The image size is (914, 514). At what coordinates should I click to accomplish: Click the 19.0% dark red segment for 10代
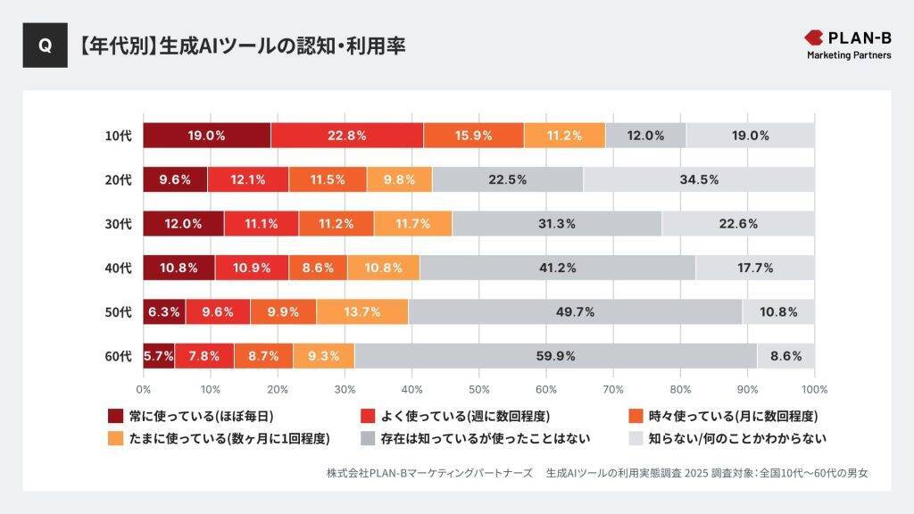[206, 136]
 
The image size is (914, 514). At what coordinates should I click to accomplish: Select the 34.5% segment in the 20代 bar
[699, 179]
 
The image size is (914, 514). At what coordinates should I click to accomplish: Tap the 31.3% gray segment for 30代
[557, 223]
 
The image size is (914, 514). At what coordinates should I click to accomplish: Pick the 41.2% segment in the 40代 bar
[557, 268]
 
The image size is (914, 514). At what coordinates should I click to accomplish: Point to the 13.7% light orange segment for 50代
[362, 311]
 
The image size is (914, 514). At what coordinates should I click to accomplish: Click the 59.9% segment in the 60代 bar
[555, 356]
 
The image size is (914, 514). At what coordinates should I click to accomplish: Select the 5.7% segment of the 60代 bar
[158, 356]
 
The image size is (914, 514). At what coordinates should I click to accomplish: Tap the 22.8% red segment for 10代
[346, 136]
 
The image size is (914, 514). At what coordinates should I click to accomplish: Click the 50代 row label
[118, 312]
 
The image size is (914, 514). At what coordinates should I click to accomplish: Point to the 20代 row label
[118, 180]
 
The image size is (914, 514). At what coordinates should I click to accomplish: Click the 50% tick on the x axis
[478, 389]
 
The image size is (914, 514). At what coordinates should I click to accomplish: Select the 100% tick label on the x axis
[813, 389]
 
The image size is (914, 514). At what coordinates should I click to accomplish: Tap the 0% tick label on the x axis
[143, 389]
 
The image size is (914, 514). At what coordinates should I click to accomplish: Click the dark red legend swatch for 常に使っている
[115, 416]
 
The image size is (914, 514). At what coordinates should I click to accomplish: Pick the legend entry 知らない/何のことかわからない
[736, 438]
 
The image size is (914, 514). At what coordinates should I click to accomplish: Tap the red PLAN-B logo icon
[814, 37]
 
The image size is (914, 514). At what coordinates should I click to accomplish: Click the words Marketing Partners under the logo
[849, 55]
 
